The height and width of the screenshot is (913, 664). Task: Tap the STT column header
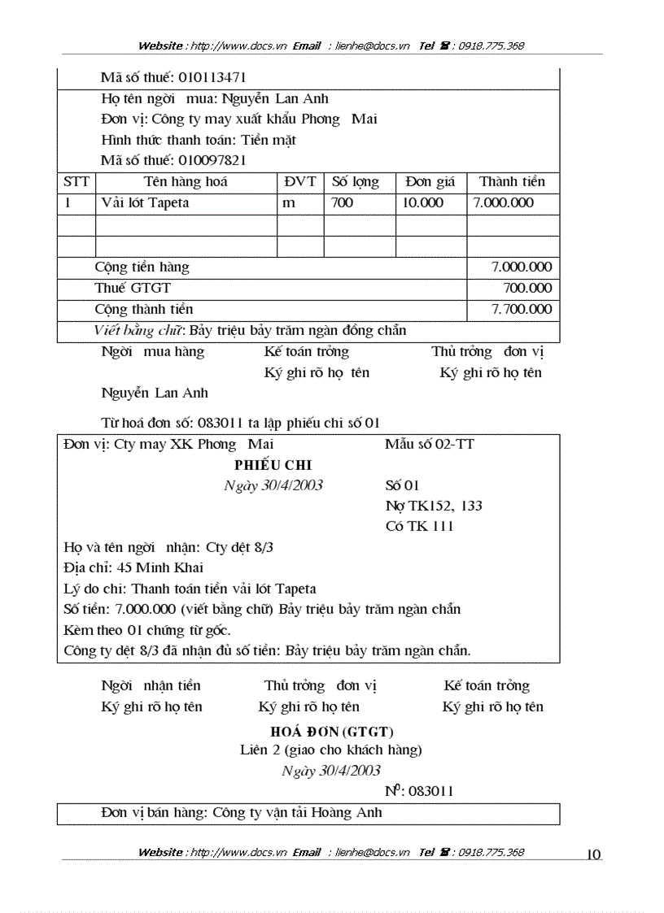(x=76, y=181)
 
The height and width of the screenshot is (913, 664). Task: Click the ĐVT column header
(x=299, y=181)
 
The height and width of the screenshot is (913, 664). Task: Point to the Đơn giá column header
(x=430, y=181)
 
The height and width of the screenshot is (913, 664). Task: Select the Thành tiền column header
(x=512, y=181)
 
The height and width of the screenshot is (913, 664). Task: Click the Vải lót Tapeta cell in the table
(x=145, y=202)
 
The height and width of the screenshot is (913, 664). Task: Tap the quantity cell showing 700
(x=343, y=202)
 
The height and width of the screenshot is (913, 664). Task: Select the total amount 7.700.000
(x=522, y=309)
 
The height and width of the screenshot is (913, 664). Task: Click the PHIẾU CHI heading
(x=273, y=465)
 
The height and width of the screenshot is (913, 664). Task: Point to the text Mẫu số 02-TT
(x=429, y=444)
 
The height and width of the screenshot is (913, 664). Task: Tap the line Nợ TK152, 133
(x=434, y=506)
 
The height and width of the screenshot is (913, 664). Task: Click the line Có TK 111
(x=419, y=526)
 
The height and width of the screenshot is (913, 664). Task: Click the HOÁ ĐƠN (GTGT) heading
(x=332, y=731)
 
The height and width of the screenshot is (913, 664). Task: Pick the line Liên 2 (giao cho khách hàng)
(x=331, y=750)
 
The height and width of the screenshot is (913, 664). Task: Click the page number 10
(x=593, y=854)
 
